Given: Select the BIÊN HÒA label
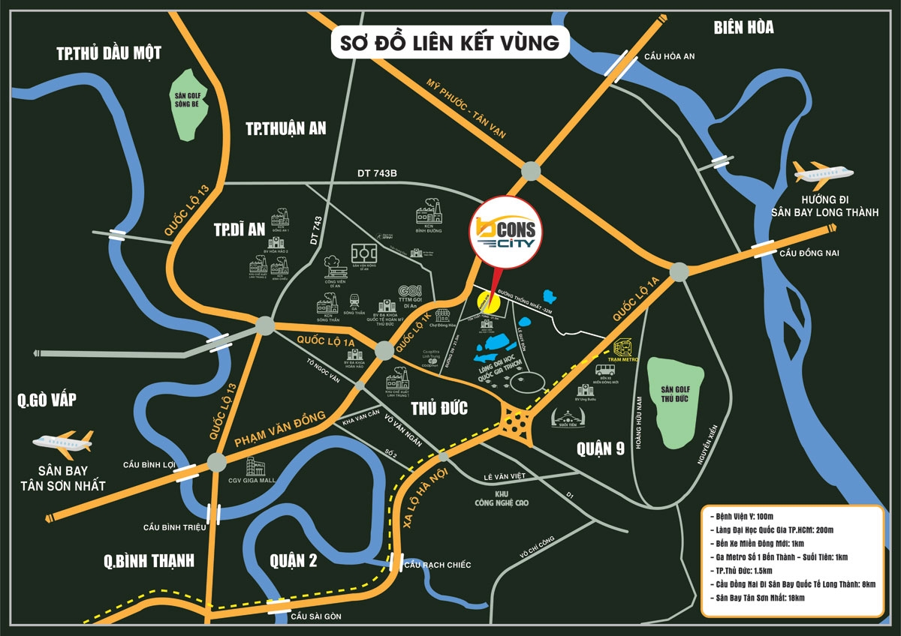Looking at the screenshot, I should click(743, 28).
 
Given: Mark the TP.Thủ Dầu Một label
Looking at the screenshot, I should click(109, 52).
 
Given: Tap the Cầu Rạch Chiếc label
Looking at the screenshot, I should click(437, 564).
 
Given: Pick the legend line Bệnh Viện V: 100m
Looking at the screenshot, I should click(743, 517).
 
